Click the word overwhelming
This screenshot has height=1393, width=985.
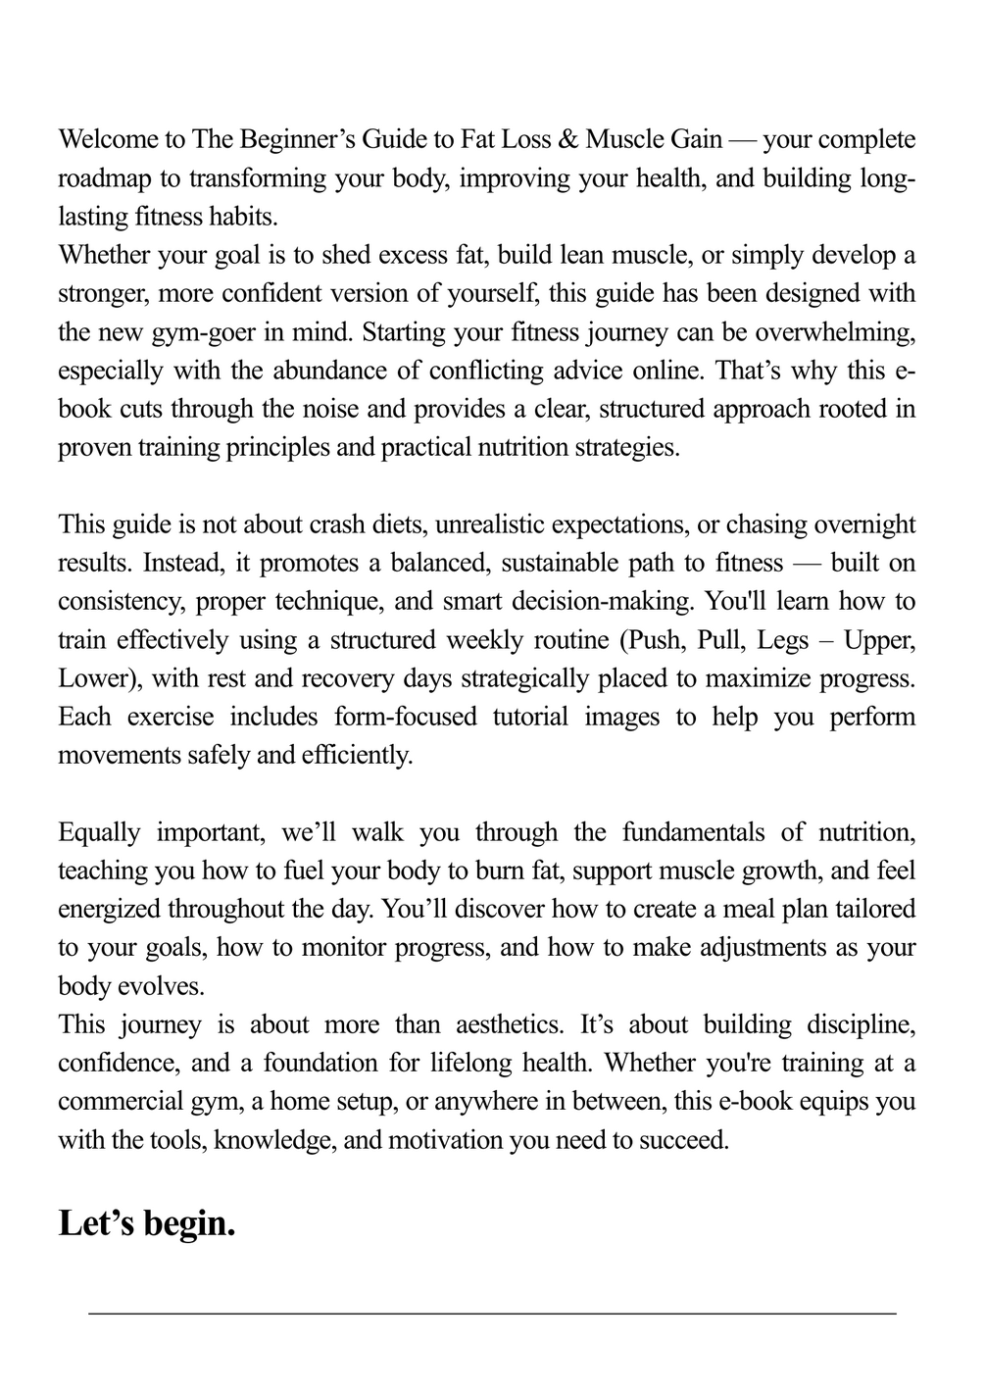(832, 332)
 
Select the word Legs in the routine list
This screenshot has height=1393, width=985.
(783, 640)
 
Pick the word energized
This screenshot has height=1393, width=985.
(108, 909)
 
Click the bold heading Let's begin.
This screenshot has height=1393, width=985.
(147, 1223)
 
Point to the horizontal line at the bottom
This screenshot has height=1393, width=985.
(492, 1313)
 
